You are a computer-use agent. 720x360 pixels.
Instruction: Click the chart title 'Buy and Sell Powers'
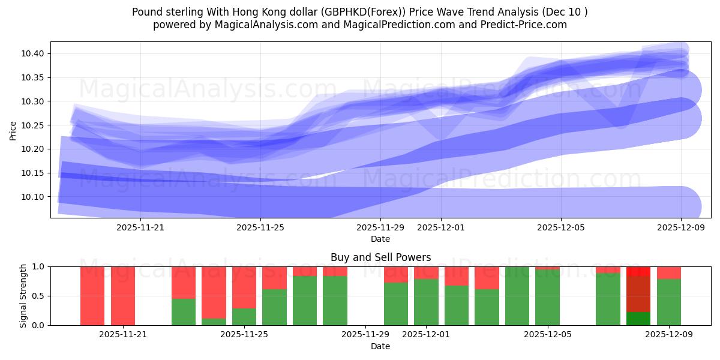click(380, 257)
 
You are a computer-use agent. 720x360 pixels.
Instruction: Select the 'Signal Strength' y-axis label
click(23, 296)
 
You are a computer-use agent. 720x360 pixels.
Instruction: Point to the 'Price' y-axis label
click(13, 130)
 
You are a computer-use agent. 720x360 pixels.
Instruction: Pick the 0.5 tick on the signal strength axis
click(39, 296)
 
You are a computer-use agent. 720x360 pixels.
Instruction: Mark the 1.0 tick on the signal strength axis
click(39, 266)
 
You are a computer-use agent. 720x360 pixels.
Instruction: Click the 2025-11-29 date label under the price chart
click(380, 227)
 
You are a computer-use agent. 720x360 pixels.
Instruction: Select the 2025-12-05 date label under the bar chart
click(547, 335)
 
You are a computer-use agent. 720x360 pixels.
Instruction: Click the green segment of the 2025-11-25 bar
click(244, 316)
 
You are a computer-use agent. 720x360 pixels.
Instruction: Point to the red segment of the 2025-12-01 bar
click(426, 272)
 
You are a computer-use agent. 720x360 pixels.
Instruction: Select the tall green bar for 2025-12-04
click(517, 296)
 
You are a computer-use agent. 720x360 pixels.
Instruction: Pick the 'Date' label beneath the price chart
click(380, 239)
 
